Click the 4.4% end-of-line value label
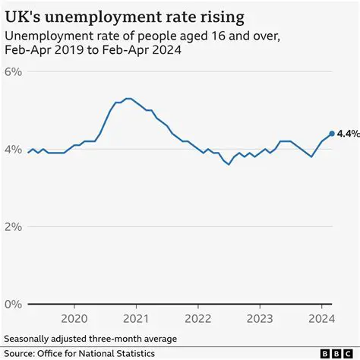[348, 134]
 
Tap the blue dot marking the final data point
[332, 134]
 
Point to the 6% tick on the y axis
[14, 71]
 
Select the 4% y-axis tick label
[14, 149]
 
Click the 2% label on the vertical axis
[14, 226]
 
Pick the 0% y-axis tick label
[14, 304]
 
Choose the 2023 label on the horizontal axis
[260, 318]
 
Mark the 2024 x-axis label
[321, 318]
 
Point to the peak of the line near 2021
[128, 99]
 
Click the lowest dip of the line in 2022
[228, 164]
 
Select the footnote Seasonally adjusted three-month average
[90, 338]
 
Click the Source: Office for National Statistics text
[79, 353]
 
